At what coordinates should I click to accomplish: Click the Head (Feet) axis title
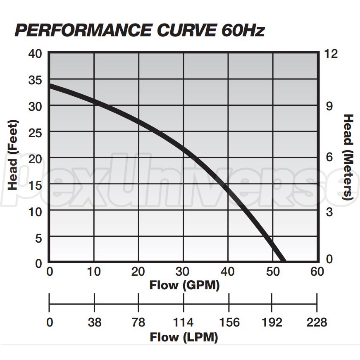click(13, 155)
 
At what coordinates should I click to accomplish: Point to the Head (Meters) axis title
click(348, 157)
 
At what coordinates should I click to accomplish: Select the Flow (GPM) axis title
click(184, 285)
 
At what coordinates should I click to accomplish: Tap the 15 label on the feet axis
click(35, 185)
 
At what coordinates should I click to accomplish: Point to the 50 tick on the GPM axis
click(272, 272)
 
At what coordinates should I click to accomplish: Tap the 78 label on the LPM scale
click(139, 322)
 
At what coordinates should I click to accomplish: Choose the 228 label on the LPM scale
click(317, 322)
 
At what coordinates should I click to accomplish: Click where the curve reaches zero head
click(282, 260)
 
